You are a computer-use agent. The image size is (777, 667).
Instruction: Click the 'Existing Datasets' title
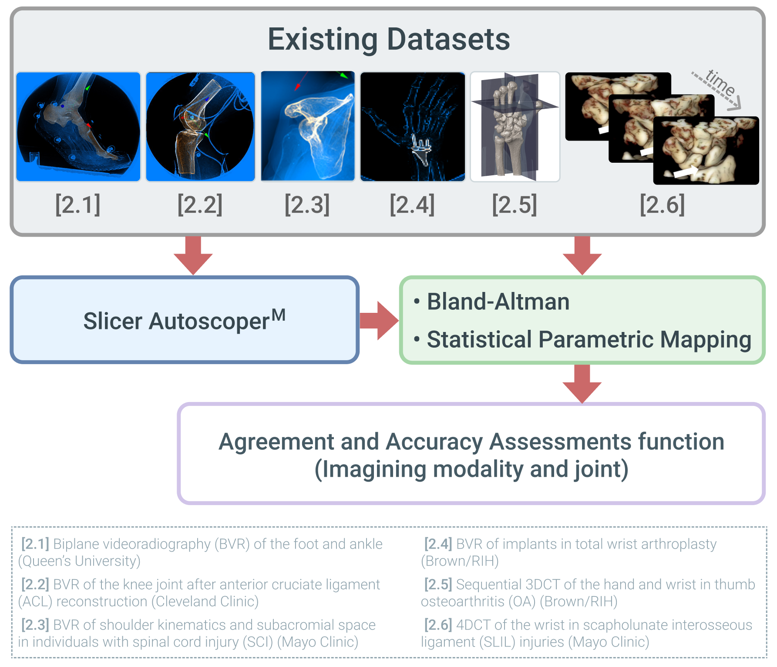point(388,40)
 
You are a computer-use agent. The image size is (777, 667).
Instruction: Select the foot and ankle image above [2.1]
point(78,127)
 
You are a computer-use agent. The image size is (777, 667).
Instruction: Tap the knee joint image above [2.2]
point(200,127)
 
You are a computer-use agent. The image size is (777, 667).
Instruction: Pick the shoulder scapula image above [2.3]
point(308,126)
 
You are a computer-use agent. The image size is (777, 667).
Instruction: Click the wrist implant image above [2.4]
point(412,127)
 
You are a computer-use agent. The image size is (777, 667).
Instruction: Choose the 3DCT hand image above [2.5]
point(515,127)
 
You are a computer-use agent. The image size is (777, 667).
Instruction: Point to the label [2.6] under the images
point(662,204)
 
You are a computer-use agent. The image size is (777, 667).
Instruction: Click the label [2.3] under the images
point(307,204)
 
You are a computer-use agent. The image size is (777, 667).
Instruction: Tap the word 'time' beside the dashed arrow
point(720,82)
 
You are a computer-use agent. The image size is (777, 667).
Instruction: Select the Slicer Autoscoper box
point(185,320)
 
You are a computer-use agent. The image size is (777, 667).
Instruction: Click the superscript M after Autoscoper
point(279,315)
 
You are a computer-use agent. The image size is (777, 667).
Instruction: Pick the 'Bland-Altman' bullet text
point(498,302)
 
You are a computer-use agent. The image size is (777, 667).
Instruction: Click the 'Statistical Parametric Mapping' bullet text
point(589,339)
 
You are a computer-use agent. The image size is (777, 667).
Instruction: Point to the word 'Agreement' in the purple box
point(276,442)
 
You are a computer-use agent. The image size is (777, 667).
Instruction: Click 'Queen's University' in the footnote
point(79,561)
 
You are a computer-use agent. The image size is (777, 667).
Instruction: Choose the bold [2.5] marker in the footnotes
point(438,584)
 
